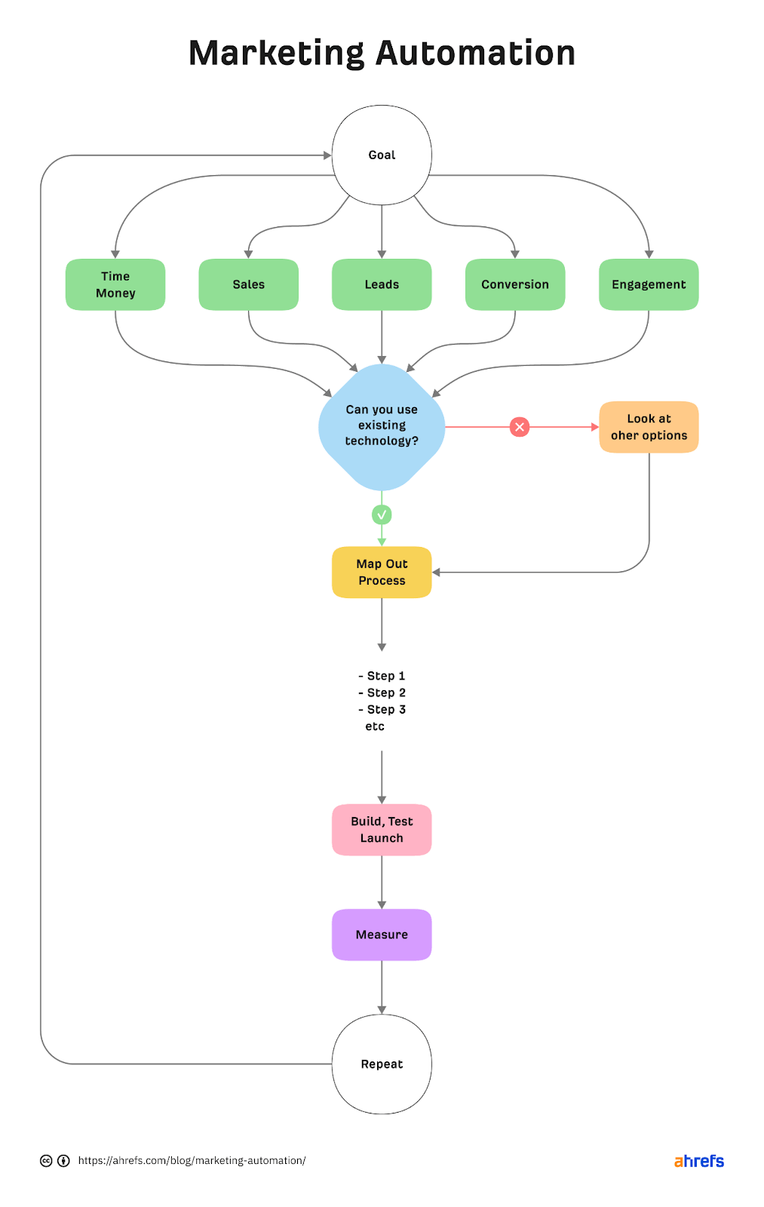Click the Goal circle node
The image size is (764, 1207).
tap(382, 155)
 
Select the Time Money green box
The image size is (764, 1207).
tap(115, 284)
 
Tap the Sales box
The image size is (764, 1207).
tap(248, 284)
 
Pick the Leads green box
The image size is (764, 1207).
tap(382, 284)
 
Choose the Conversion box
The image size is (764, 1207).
tap(515, 284)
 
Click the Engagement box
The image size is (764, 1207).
tap(649, 284)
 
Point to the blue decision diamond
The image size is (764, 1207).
tap(382, 426)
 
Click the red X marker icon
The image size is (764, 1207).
tap(520, 427)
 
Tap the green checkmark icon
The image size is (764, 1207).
tap(382, 514)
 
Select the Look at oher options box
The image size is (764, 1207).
tap(649, 427)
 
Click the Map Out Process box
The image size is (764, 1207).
tap(382, 572)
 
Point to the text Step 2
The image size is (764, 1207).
tap(385, 693)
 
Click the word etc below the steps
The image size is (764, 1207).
tap(375, 726)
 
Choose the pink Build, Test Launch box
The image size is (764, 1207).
tap(382, 830)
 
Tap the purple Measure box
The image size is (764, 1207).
tap(382, 934)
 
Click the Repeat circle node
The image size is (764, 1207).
tap(382, 1064)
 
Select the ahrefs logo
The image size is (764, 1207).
tap(698, 1161)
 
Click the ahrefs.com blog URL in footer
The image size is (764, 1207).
tap(192, 1160)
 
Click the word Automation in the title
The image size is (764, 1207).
tap(476, 54)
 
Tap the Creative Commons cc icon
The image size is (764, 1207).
tap(46, 1160)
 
